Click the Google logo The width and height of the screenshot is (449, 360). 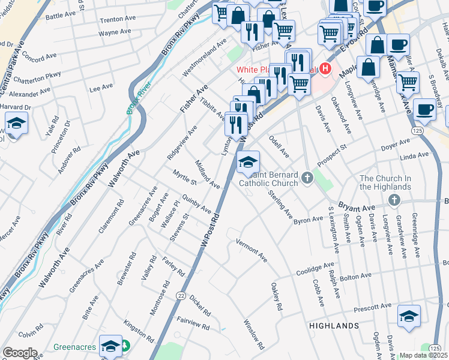[x=20, y=353]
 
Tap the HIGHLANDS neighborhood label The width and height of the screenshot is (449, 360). [x=334, y=325]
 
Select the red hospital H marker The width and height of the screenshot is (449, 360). [x=325, y=69]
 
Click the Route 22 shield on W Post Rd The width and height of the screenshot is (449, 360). [x=180, y=295]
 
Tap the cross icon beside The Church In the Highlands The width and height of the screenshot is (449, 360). [x=394, y=200]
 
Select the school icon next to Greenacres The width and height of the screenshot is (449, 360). [x=110, y=346]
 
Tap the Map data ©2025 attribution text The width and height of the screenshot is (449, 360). [x=424, y=355]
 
